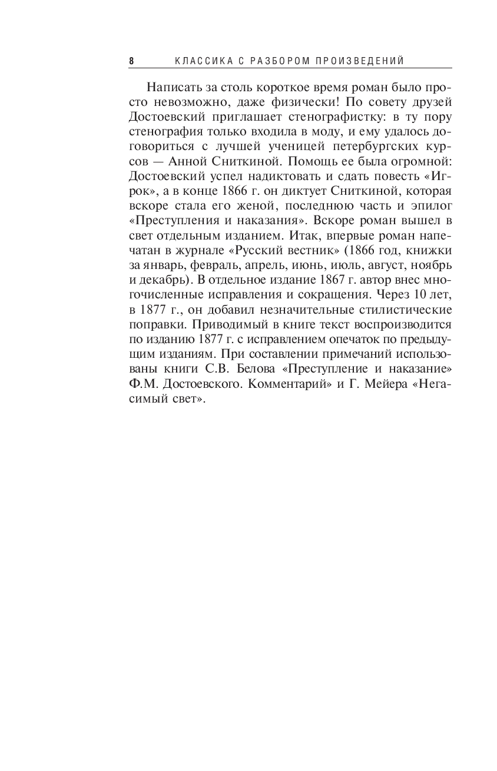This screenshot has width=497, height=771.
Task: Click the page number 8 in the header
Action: (131, 61)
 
